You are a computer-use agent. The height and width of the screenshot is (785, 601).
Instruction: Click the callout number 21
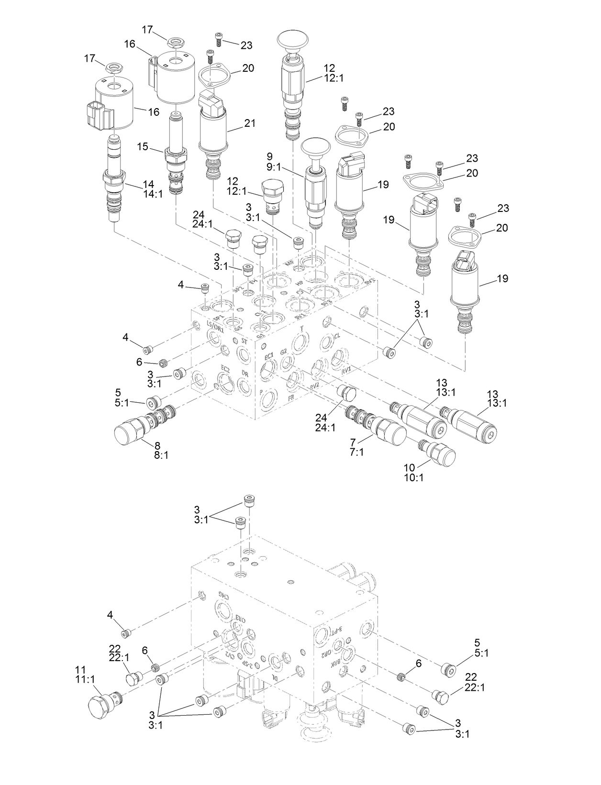tap(250, 123)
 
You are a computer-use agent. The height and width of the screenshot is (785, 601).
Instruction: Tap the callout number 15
tap(143, 146)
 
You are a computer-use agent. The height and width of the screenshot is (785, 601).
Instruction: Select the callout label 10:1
tap(414, 477)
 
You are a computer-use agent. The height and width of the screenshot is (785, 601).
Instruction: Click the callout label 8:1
tap(161, 455)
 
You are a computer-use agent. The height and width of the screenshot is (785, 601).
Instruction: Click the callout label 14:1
tap(154, 194)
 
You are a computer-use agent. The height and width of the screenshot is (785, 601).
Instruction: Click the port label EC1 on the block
tap(268, 356)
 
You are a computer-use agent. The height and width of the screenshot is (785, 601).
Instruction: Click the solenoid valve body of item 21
tap(213, 130)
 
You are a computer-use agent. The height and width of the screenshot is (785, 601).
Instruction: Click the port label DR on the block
tap(245, 374)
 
